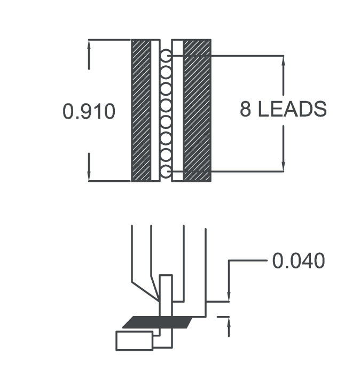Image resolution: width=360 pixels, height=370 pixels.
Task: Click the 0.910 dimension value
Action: (x=89, y=111)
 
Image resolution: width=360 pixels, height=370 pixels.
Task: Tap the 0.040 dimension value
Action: (x=299, y=260)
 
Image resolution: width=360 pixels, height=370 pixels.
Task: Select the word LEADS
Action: (x=292, y=109)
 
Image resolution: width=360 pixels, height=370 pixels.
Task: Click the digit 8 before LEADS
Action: (x=245, y=109)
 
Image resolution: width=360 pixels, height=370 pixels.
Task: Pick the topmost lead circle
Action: (x=166, y=56)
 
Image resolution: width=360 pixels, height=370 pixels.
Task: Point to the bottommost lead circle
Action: (x=166, y=171)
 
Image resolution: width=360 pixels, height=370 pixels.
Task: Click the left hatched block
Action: (x=141, y=110)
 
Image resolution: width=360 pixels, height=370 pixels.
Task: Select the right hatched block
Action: (x=197, y=110)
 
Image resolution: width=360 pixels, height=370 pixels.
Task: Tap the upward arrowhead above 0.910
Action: (x=89, y=44)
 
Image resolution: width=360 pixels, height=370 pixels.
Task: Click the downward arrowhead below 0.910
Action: (x=89, y=176)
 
